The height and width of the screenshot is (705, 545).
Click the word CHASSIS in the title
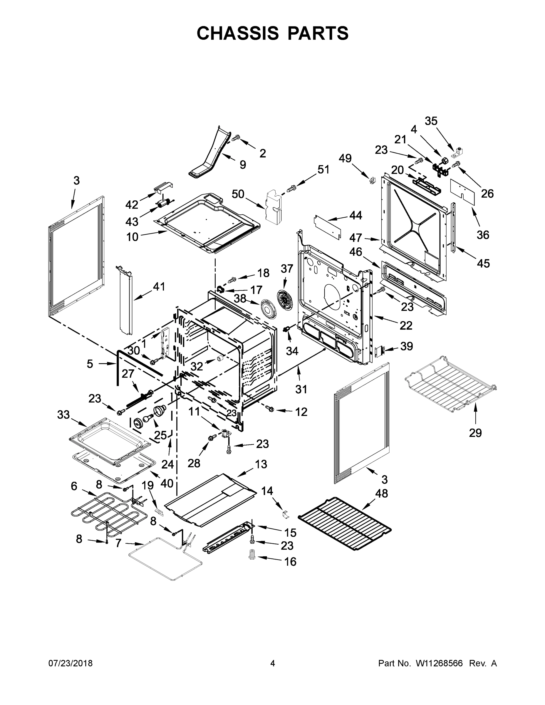tap(238, 33)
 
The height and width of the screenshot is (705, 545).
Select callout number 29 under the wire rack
tap(475, 433)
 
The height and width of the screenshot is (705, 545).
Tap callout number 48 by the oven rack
tap(381, 493)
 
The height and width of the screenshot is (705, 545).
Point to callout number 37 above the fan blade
tap(287, 268)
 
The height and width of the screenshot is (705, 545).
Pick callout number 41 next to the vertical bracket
tap(159, 286)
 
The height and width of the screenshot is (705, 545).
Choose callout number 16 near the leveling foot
tap(290, 562)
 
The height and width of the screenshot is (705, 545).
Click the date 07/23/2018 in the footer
tap(71, 663)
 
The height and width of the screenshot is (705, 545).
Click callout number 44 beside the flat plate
tap(355, 215)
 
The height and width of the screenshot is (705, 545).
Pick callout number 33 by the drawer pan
tap(63, 415)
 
